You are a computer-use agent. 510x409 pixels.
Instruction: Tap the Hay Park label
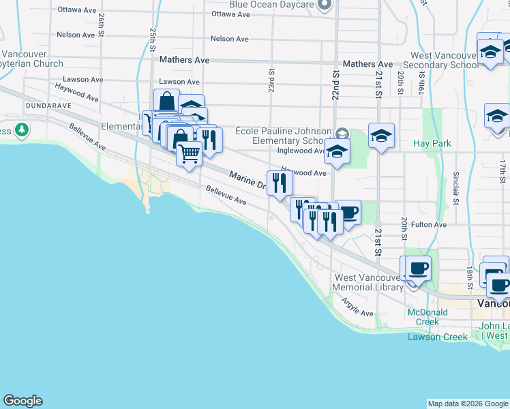pos(432,144)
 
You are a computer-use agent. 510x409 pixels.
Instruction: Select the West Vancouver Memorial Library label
pos(368,282)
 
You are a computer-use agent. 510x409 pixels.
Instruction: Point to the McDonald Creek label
pos(427,317)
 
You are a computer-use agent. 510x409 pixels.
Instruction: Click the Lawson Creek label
pos(438,337)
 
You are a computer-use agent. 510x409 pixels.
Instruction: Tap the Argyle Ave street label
pos(357,308)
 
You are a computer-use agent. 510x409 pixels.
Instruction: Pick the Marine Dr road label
pos(246,179)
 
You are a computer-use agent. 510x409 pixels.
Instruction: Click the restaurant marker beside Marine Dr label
pos(279,183)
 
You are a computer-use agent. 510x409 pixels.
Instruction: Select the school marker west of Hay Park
pos(381,135)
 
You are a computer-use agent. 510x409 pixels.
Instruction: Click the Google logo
pos(22,401)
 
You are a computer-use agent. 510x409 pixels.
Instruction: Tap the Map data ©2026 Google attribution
pos(468,404)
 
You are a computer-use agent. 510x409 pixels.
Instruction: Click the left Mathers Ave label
pos(184,60)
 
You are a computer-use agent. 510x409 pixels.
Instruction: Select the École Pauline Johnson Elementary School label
pos(283,136)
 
